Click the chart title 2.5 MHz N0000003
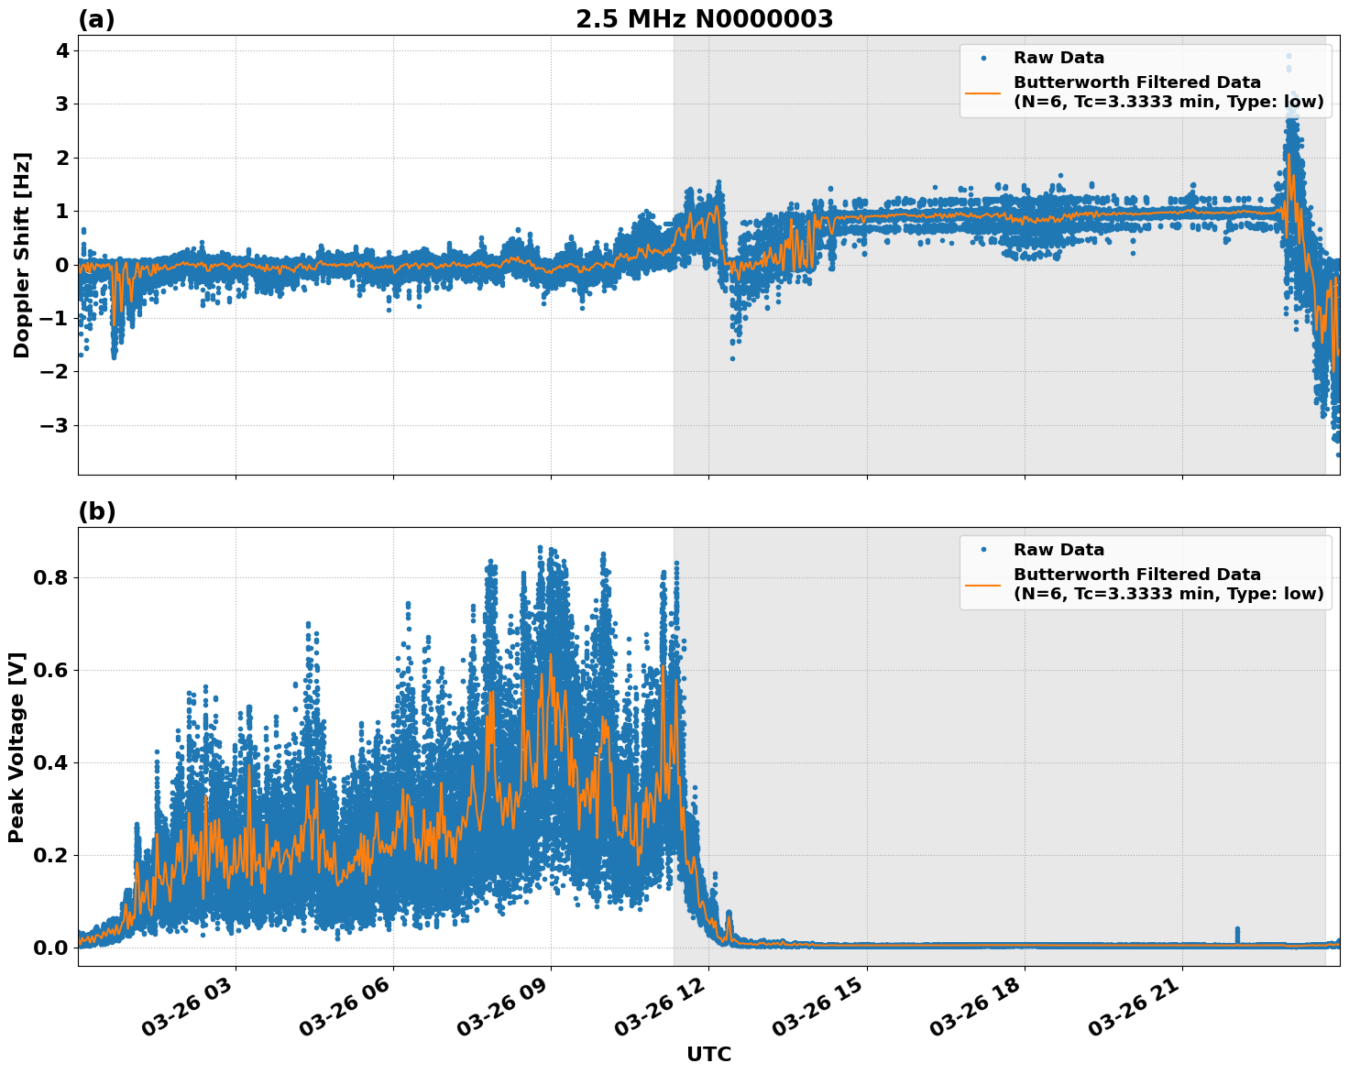pyautogui.click(x=704, y=19)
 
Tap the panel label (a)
pyautogui.click(x=96, y=19)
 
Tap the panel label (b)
pyautogui.click(x=96, y=511)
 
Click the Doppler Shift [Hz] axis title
pyautogui.click(x=22, y=255)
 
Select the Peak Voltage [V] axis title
pyautogui.click(x=16, y=747)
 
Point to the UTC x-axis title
pyautogui.click(x=708, y=1054)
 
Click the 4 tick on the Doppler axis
pyautogui.click(x=62, y=50)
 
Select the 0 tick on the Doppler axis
pyautogui.click(x=62, y=265)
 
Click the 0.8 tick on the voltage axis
pyautogui.click(x=51, y=577)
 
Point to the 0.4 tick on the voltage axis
pyautogui.click(x=51, y=762)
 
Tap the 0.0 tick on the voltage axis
pyautogui.click(x=51, y=948)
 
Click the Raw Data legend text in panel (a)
pyautogui.click(x=1058, y=58)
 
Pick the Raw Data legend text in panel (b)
pyautogui.click(x=1058, y=550)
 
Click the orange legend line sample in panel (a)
pyautogui.click(x=983, y=93)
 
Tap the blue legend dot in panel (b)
pyautogui.click(x=983, y=550)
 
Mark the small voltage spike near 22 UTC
pyautogui.click(x=1237, y=934)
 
